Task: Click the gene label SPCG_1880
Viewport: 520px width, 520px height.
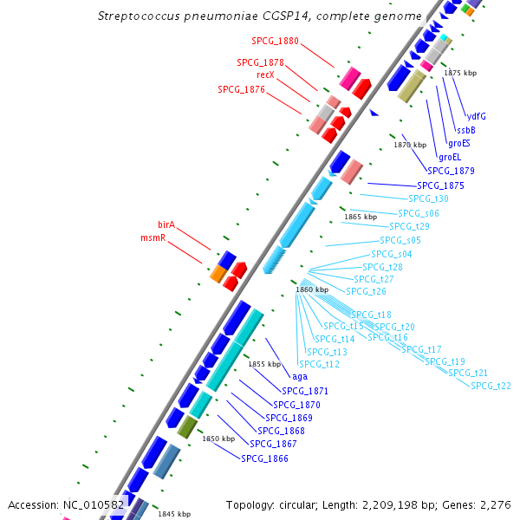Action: coord(275,41)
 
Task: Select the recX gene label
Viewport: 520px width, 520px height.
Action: coord(266,75)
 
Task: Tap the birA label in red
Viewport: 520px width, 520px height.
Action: coord(166,224)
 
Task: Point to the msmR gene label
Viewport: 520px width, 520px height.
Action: coord(153,237)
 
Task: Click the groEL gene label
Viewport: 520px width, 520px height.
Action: coord(450,157)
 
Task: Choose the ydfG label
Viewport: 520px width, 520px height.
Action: coord(476,116)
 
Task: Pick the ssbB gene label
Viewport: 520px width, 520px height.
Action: coord(466,130)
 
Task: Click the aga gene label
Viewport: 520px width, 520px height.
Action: coord(300,377)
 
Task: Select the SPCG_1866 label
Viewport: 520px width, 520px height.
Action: coord(264,458)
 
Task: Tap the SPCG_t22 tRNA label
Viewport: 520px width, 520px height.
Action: coord(491,386)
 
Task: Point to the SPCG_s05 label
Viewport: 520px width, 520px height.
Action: coord(400,240)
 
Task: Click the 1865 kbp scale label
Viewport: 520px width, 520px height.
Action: coord(361,217)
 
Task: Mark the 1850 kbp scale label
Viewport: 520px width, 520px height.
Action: coord(218,439)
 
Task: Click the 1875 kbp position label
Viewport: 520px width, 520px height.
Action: coord(460,73)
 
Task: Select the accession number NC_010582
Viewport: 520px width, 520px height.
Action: coord(94,505)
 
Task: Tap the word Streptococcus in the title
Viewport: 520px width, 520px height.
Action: coord(139,16)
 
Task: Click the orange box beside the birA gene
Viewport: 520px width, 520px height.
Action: coord(218,274)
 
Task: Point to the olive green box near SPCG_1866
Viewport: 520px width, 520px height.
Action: coord(187,427)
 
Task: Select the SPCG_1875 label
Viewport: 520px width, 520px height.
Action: coord(440,185)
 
